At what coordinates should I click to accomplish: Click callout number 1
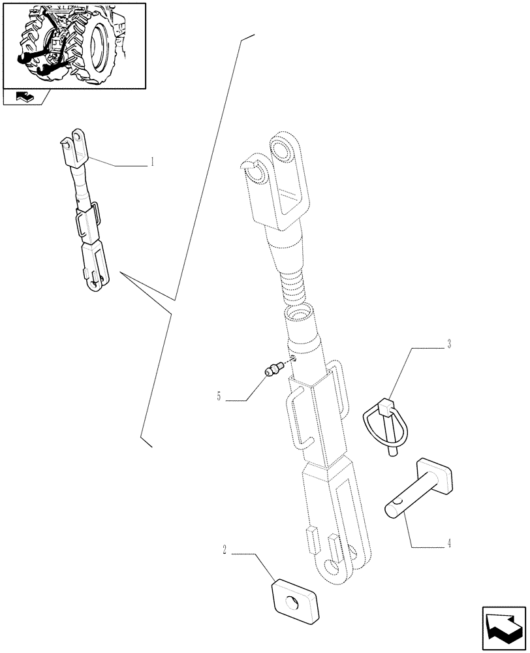(x=152, y=162)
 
